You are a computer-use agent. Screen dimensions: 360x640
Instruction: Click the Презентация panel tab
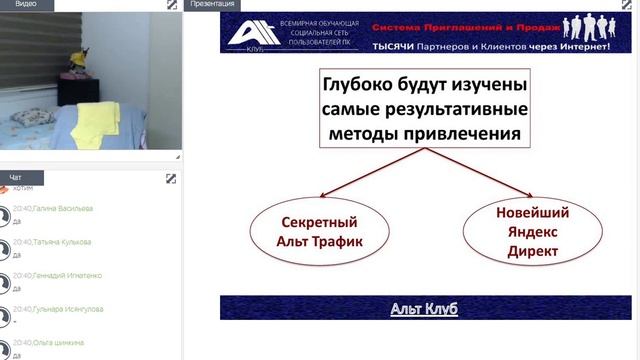pos(212,5)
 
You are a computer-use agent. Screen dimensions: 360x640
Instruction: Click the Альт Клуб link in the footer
pos(423,308)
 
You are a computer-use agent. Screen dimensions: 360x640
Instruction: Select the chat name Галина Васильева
pos(63,208)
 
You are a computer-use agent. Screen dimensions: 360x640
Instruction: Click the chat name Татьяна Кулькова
pos(62,242)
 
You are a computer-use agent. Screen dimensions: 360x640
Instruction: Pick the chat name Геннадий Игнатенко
pos(67,275)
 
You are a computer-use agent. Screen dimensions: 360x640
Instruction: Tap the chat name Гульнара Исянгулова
pos(67,309)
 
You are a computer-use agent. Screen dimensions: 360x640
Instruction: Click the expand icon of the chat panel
pos(171,179)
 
